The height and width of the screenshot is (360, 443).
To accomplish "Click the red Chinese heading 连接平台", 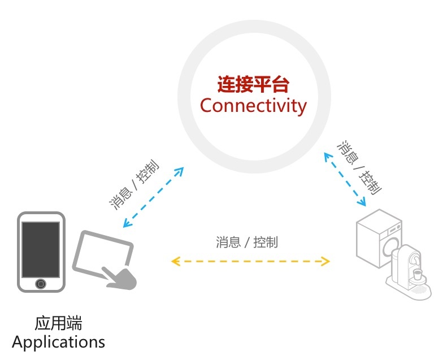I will pyautogui.click(x=253, y=85).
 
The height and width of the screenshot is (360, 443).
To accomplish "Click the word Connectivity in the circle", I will pyautogui.click(x=253, y=106).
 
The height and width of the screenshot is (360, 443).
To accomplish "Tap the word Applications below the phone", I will pyautogui.click(x=58, y=342).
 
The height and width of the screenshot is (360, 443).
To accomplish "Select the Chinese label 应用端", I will pyautogui.click(x=58, y=324).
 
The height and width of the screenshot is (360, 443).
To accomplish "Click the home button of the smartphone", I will pyautogui.click(x=40, y=283).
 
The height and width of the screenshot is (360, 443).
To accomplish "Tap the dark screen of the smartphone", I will pyautogui.click(x=40, y=249).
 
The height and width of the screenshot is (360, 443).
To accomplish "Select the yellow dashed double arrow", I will pyautogui.click(x=250, y=261).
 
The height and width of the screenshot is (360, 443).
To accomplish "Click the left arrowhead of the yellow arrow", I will pyautogui.click(x=175, y=261).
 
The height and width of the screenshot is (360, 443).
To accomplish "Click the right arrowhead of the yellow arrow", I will pyautogui.click(x=325, y=261).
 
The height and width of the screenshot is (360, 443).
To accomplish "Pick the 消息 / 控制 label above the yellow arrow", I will pyautogui.click(x=247, y=242).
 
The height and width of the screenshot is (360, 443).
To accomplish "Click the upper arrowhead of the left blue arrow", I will pyautogui.click(x=181, y=170).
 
